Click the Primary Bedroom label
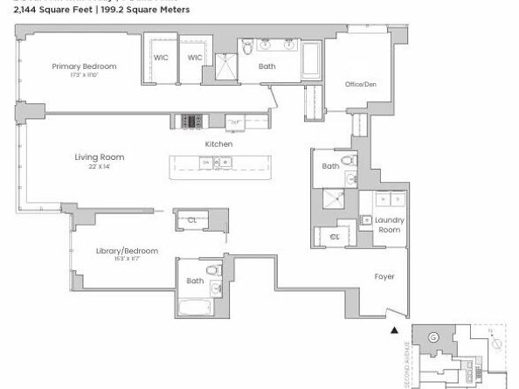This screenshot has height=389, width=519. click(x=84, y=66)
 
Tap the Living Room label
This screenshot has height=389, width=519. click(x=99, y=157)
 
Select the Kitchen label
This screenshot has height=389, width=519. click(x=218, y=144)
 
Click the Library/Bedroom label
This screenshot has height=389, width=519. click(x=127, y=251)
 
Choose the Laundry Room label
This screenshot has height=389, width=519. click(x=388, y=226)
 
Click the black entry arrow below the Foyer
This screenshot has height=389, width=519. click(x=394, y=330)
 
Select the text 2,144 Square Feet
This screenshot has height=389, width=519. click(x=52, y=10)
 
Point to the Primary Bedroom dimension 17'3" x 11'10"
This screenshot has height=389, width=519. click(x=84, y=75)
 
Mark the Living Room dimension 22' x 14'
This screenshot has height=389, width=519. click(x=99, y=166)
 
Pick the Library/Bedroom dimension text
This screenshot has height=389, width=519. click(x=127, y=260)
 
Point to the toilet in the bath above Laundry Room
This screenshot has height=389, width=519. click(x=349, y=162)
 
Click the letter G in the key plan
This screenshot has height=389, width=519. click(x=433, y=337)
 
